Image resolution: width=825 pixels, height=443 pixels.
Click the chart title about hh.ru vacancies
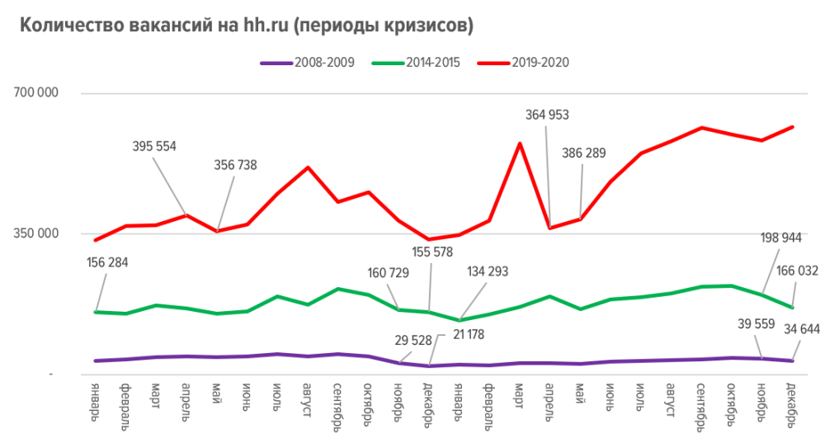[x=246, y=26]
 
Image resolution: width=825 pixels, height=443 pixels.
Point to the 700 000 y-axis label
[x=35, y=92]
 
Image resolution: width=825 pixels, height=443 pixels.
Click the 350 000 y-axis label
[x=35, y=233]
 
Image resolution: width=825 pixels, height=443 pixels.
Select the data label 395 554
[x=154, y=146]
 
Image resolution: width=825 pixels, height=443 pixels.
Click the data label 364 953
[x=548, y=115]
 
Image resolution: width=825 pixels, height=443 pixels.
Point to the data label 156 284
[x=107, y=262]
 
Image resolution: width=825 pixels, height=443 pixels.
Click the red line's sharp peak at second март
[x=519, y=144]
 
